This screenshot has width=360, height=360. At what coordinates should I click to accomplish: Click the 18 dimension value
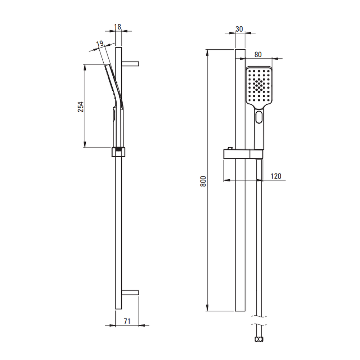(x=118, y=27)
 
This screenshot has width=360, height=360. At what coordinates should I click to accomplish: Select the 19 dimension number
(x=100, y=44)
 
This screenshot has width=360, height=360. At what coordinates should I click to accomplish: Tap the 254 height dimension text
(x=81, y=107)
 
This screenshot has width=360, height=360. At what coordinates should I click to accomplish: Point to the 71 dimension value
(x=127, y=321)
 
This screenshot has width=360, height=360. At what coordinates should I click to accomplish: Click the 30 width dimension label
(x=239, y=29)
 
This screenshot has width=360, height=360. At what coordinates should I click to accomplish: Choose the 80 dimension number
(x=258, y=55)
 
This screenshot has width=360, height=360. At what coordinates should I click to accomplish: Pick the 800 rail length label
(x=203, y=181)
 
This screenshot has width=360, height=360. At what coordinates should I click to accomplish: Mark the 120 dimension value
(x=276, y=176)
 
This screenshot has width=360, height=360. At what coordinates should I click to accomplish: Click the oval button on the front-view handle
(x=259, y=117)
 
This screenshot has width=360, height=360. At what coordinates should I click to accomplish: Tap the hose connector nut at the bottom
(x=259, y=339)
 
